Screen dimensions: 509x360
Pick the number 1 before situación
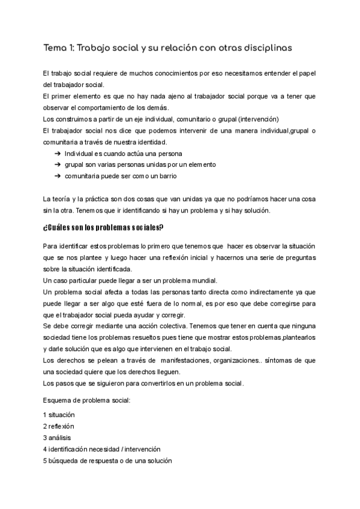tap(45, 415)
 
